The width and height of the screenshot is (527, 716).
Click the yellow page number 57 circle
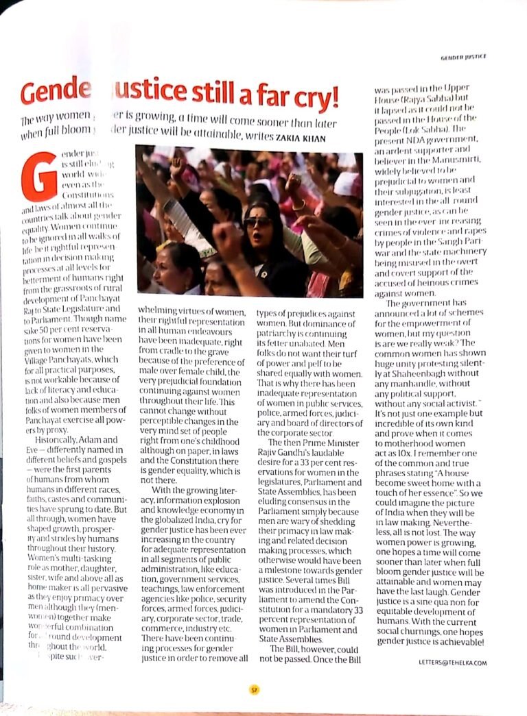253,690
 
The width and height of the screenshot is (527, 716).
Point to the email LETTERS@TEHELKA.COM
452,662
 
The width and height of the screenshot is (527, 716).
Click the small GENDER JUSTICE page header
464,60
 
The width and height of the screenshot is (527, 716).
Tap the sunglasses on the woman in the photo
258,221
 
